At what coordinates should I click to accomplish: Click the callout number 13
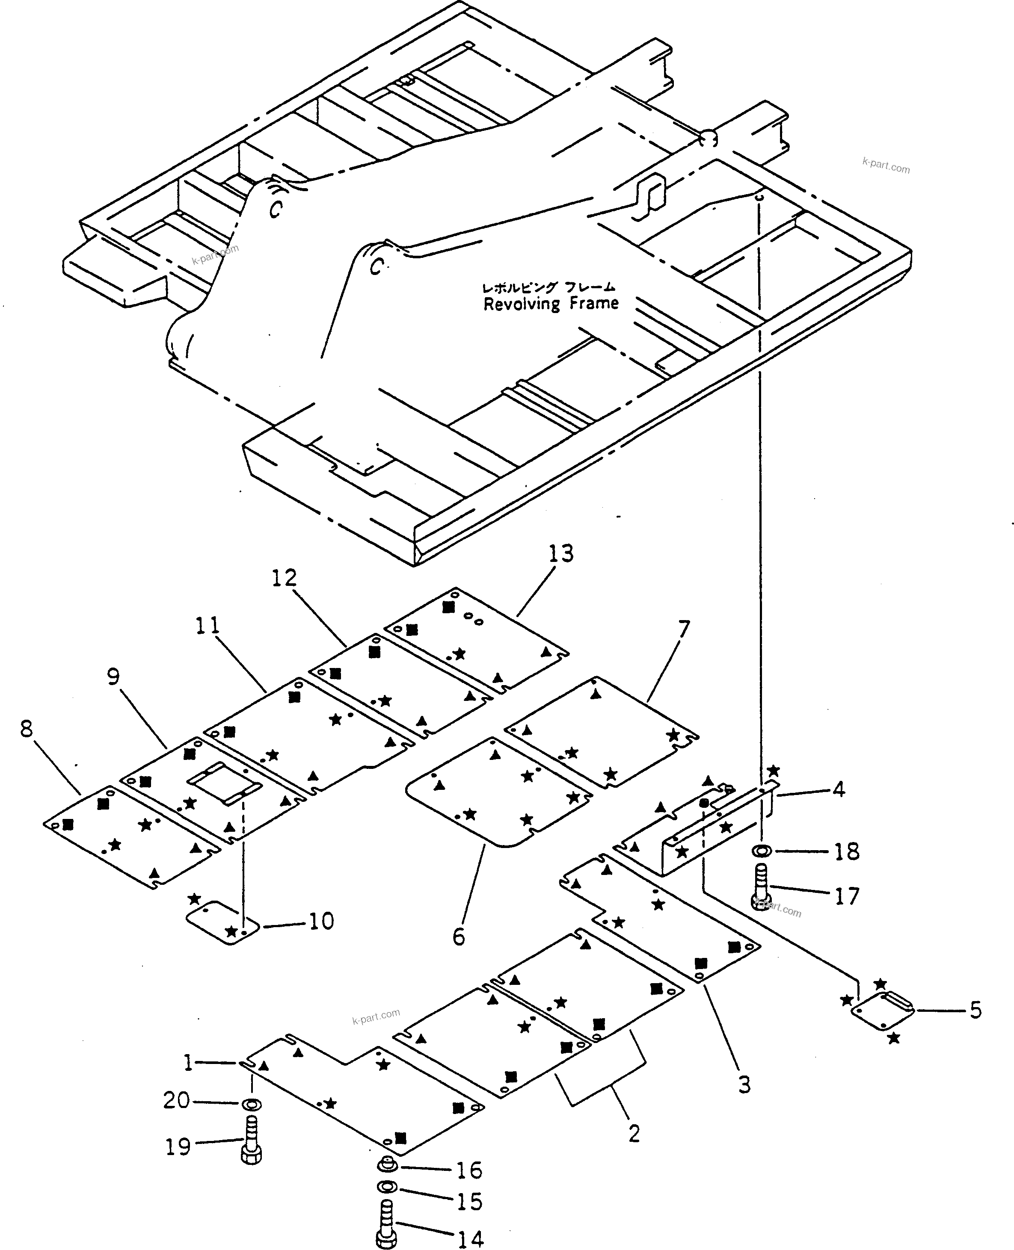click(x=561, y=553)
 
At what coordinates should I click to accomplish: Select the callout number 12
click(x=285, y=578)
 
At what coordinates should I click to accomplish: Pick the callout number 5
click(x=975, y=1010)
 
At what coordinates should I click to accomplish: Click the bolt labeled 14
click(x=386, y=1226)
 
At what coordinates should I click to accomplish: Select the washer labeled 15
click(x=387, y=1186)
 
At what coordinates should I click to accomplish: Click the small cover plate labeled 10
click(x=222, y=924)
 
